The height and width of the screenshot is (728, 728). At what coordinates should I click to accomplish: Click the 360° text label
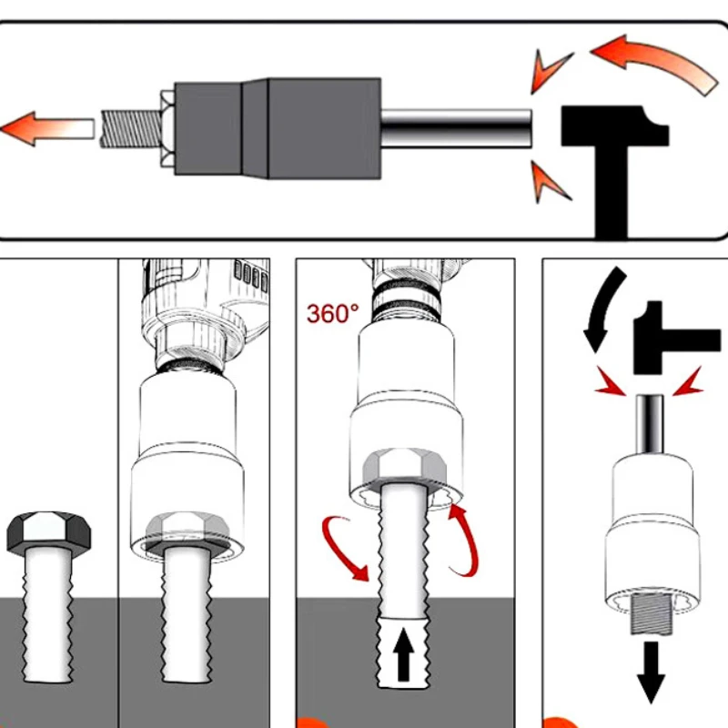332,313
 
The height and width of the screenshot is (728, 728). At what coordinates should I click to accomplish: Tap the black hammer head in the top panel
615,126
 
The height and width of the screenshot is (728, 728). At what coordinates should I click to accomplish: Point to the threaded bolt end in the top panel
131,128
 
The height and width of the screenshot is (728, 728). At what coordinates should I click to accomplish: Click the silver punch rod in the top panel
456,128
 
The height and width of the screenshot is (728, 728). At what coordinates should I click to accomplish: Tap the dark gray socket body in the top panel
278,128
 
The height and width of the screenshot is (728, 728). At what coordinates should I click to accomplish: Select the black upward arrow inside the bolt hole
403,654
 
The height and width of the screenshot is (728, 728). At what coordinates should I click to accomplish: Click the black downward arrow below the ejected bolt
651,672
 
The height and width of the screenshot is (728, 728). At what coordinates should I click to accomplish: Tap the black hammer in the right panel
673,338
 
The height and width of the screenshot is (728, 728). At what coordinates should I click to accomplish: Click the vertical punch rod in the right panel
650,424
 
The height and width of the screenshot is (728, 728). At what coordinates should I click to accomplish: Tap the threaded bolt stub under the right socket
652,614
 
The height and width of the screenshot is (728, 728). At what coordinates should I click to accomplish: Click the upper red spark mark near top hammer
551,70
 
